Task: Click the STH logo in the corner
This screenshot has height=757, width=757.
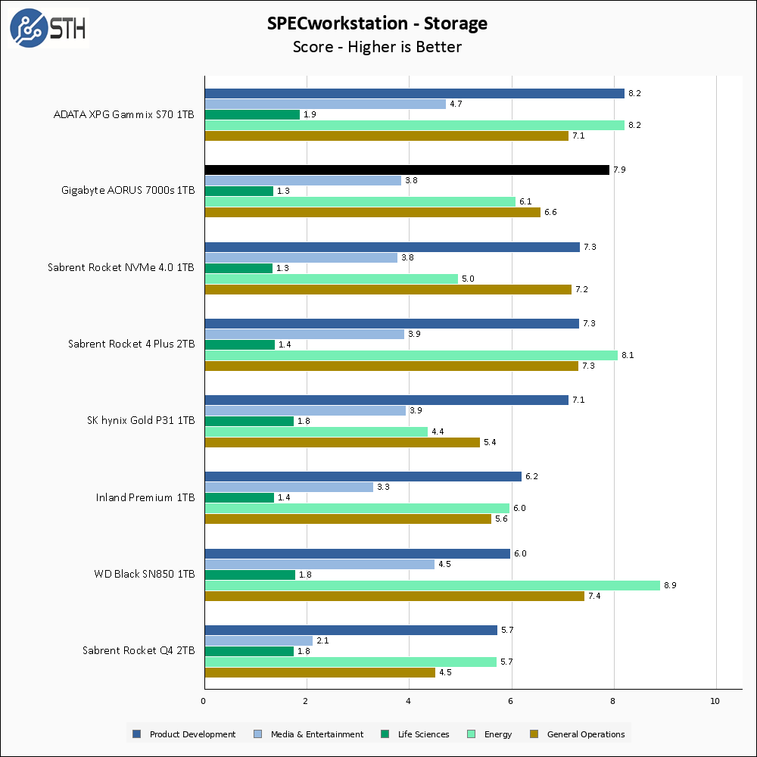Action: (x=48, y=28)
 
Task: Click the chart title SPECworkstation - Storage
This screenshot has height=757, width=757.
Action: (x=377, y=23)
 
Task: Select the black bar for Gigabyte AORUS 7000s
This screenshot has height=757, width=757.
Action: (x=407, y=170)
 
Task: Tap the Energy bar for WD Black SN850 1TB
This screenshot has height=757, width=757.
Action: (x=431, y=585)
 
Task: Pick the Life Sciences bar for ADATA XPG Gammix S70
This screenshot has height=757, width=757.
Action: (x=252, y=114)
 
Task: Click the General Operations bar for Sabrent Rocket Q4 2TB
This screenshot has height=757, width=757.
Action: (x=319, y=672)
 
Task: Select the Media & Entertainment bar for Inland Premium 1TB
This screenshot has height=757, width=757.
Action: (x=288, y=487)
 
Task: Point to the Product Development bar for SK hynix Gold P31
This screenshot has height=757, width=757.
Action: (x=386, y=400)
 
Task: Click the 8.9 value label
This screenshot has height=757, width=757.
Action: (x=671, y=585)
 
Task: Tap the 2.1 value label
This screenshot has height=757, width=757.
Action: (x=323, y=640)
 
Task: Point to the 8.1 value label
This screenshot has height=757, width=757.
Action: (x=628, y=355)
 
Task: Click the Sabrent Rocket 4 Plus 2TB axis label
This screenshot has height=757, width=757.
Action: (x=132, y=344)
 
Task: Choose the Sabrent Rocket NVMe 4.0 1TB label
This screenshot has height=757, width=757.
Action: (x=121, y=267)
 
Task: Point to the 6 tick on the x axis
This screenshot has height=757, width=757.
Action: (x=511, y=701)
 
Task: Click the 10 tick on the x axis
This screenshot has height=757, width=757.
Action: (x=715, y=701)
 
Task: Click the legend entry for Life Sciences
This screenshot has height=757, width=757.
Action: (x=416, y=734)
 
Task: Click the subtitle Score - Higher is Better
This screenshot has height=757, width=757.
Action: (x=377, y=47)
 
